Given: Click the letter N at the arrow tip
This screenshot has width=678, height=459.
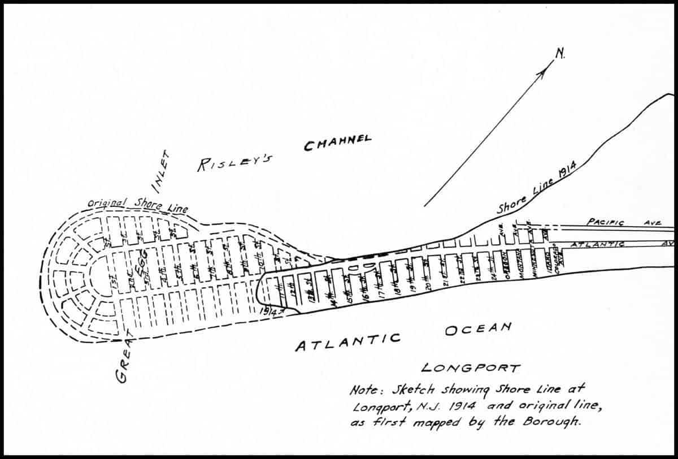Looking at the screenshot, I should point(560,54).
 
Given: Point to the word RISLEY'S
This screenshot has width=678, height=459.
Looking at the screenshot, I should point(234,163).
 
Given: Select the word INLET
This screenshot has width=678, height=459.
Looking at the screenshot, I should point(161,168).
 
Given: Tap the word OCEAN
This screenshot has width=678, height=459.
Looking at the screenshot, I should point(477,328).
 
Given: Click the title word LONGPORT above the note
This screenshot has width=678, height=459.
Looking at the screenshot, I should point(470,368).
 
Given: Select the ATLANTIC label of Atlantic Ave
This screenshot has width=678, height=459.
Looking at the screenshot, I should point(598,244).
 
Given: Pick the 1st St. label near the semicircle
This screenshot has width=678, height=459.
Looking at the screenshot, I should point(117,279).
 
